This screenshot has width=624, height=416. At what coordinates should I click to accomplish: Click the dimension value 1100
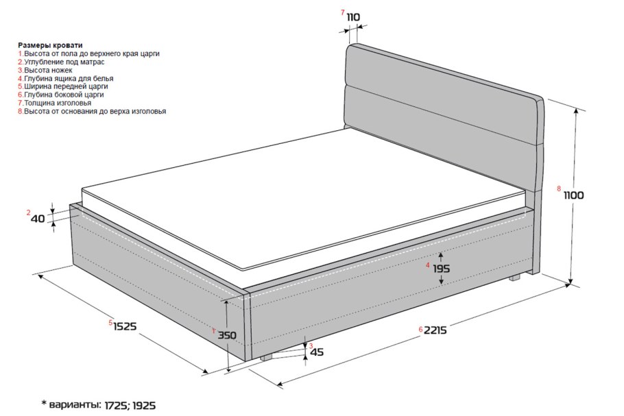[573, 195]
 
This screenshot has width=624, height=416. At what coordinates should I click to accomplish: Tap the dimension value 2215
[435, 330]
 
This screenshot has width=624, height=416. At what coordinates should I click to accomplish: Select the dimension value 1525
[125, 326]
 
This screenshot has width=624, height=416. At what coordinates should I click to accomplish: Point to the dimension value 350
[227, 335]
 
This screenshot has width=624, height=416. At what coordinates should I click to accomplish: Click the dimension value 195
[441, 269]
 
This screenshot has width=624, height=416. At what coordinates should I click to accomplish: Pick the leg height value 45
[317, 352]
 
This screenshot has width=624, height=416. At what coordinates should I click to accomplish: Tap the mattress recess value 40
[38, 219]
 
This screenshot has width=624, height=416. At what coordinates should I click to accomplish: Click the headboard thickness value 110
[353, 17]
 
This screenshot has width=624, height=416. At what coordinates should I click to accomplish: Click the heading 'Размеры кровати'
[50, 45]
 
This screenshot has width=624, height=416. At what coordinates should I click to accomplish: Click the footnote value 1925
[144, 406]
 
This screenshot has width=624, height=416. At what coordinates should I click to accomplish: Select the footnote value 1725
[117, 406]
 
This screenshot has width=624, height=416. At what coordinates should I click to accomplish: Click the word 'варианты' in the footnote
[75, 405]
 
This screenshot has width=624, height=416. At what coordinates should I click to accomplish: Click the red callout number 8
[559, 188]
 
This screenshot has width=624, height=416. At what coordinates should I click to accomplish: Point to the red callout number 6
[420, 329]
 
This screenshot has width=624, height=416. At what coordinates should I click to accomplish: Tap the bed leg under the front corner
[266, 358]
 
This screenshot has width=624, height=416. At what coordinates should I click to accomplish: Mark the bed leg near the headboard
[514, 278]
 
